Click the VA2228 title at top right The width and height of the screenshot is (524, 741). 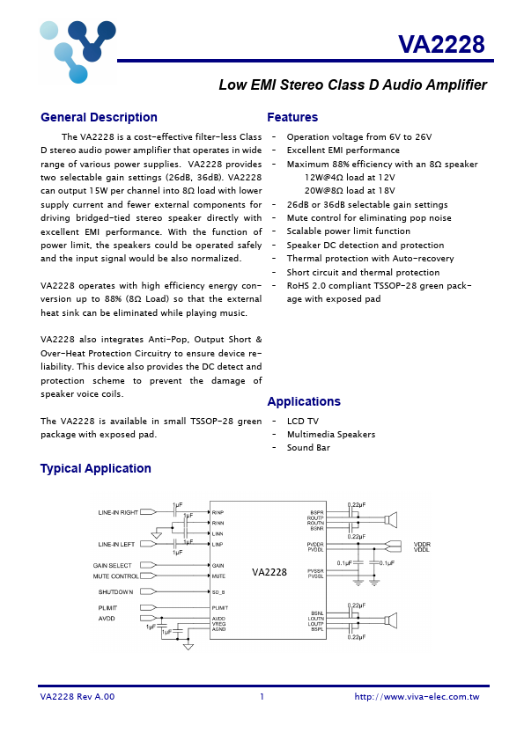tap(440, 44)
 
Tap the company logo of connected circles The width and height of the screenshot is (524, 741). tap(77, 49)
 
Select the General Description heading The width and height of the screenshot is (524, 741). tap(99, 118)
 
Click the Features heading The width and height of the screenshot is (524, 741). tap(292, 118)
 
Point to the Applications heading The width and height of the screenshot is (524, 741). tap(304, 401)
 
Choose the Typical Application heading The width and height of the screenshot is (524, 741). tap(95, 468)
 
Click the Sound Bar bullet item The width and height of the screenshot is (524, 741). tap(308, 448)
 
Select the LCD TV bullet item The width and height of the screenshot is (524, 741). tap(302, 422)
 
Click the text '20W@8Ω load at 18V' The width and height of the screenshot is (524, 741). tap(350, 189)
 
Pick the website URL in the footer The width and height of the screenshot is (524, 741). tap(417, 696)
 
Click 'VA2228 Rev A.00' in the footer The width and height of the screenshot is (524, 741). tap(77, 696)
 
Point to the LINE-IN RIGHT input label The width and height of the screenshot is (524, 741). tap(118, 511)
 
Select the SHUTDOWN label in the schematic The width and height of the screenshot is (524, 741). tap(115, 592)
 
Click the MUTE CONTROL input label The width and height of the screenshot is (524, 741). tap(115, 576)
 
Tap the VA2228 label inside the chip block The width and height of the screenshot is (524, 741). tap(269, 572)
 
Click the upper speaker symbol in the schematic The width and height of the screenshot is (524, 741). tap(392, 519)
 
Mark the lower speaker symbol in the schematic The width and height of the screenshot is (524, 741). tap(392, 621)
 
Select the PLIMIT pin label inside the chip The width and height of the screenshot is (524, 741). tap(220, 608)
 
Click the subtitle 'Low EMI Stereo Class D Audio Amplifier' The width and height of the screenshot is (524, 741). tap(352, 85)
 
